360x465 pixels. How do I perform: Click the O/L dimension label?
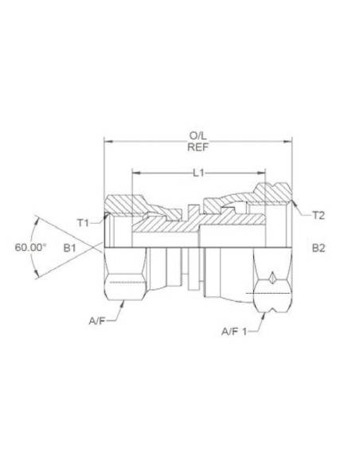click(x=198, y=135)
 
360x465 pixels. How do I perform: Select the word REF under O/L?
click(x=198, y=147)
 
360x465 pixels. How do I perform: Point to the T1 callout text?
click(x=83, y=221)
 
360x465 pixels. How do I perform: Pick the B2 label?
click(x=319, y=248)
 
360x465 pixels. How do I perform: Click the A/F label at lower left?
click(x=96, y=322)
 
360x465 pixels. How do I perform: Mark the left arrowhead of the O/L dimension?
click(x=108, y=142)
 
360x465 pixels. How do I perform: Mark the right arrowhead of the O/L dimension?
click(x=289, y=142)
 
